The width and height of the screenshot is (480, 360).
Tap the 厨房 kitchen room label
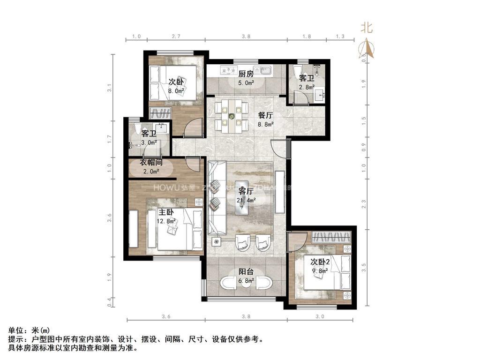pos(246,74)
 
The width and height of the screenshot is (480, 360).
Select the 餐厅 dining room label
pos(265,115)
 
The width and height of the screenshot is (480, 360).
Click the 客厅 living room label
pos(246,191)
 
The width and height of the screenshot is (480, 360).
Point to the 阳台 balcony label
pos(246,272)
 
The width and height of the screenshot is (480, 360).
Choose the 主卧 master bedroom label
pos(166,212)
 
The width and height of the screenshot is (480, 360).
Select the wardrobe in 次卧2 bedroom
pos(331,236)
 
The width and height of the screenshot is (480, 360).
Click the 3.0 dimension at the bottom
pos(320,317)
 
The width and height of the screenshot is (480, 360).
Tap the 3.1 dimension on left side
pos(109,88)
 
